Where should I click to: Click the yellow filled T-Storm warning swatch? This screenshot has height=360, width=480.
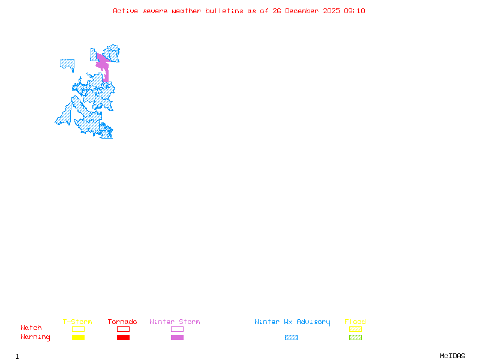click(x=78, y=338)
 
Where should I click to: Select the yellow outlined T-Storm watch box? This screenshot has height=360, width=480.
click(x=78, y=329)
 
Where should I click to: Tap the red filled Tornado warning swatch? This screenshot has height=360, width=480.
click(x=123, y=338)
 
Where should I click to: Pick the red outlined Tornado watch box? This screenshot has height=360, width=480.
click(x=123, y=329)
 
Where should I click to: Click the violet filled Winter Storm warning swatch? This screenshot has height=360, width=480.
click(x=177, y=338)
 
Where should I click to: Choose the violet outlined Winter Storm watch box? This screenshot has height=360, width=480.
click(x=177, y=329)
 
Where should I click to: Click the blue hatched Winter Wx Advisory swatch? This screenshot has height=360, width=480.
click(x=291, y=338)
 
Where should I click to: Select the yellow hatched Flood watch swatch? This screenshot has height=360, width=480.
click(x=355, y=329)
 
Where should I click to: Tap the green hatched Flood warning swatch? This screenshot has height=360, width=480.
click(x=355, y=338)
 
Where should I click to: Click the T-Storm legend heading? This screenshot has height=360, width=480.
click(x=77, y=322)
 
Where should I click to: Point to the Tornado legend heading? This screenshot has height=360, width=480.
click(x=122, y=322)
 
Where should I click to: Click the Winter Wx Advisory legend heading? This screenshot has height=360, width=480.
click(x=292, y=322)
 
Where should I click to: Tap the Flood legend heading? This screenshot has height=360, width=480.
click(x=355, y=322)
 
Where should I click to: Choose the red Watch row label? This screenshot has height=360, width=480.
click(x=31, y=328)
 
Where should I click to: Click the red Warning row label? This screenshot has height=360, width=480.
click(x=35, y=337)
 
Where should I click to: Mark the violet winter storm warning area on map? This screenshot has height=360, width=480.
click(x=103, y=64)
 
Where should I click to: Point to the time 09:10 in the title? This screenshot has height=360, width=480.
click(x=355, y=11)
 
